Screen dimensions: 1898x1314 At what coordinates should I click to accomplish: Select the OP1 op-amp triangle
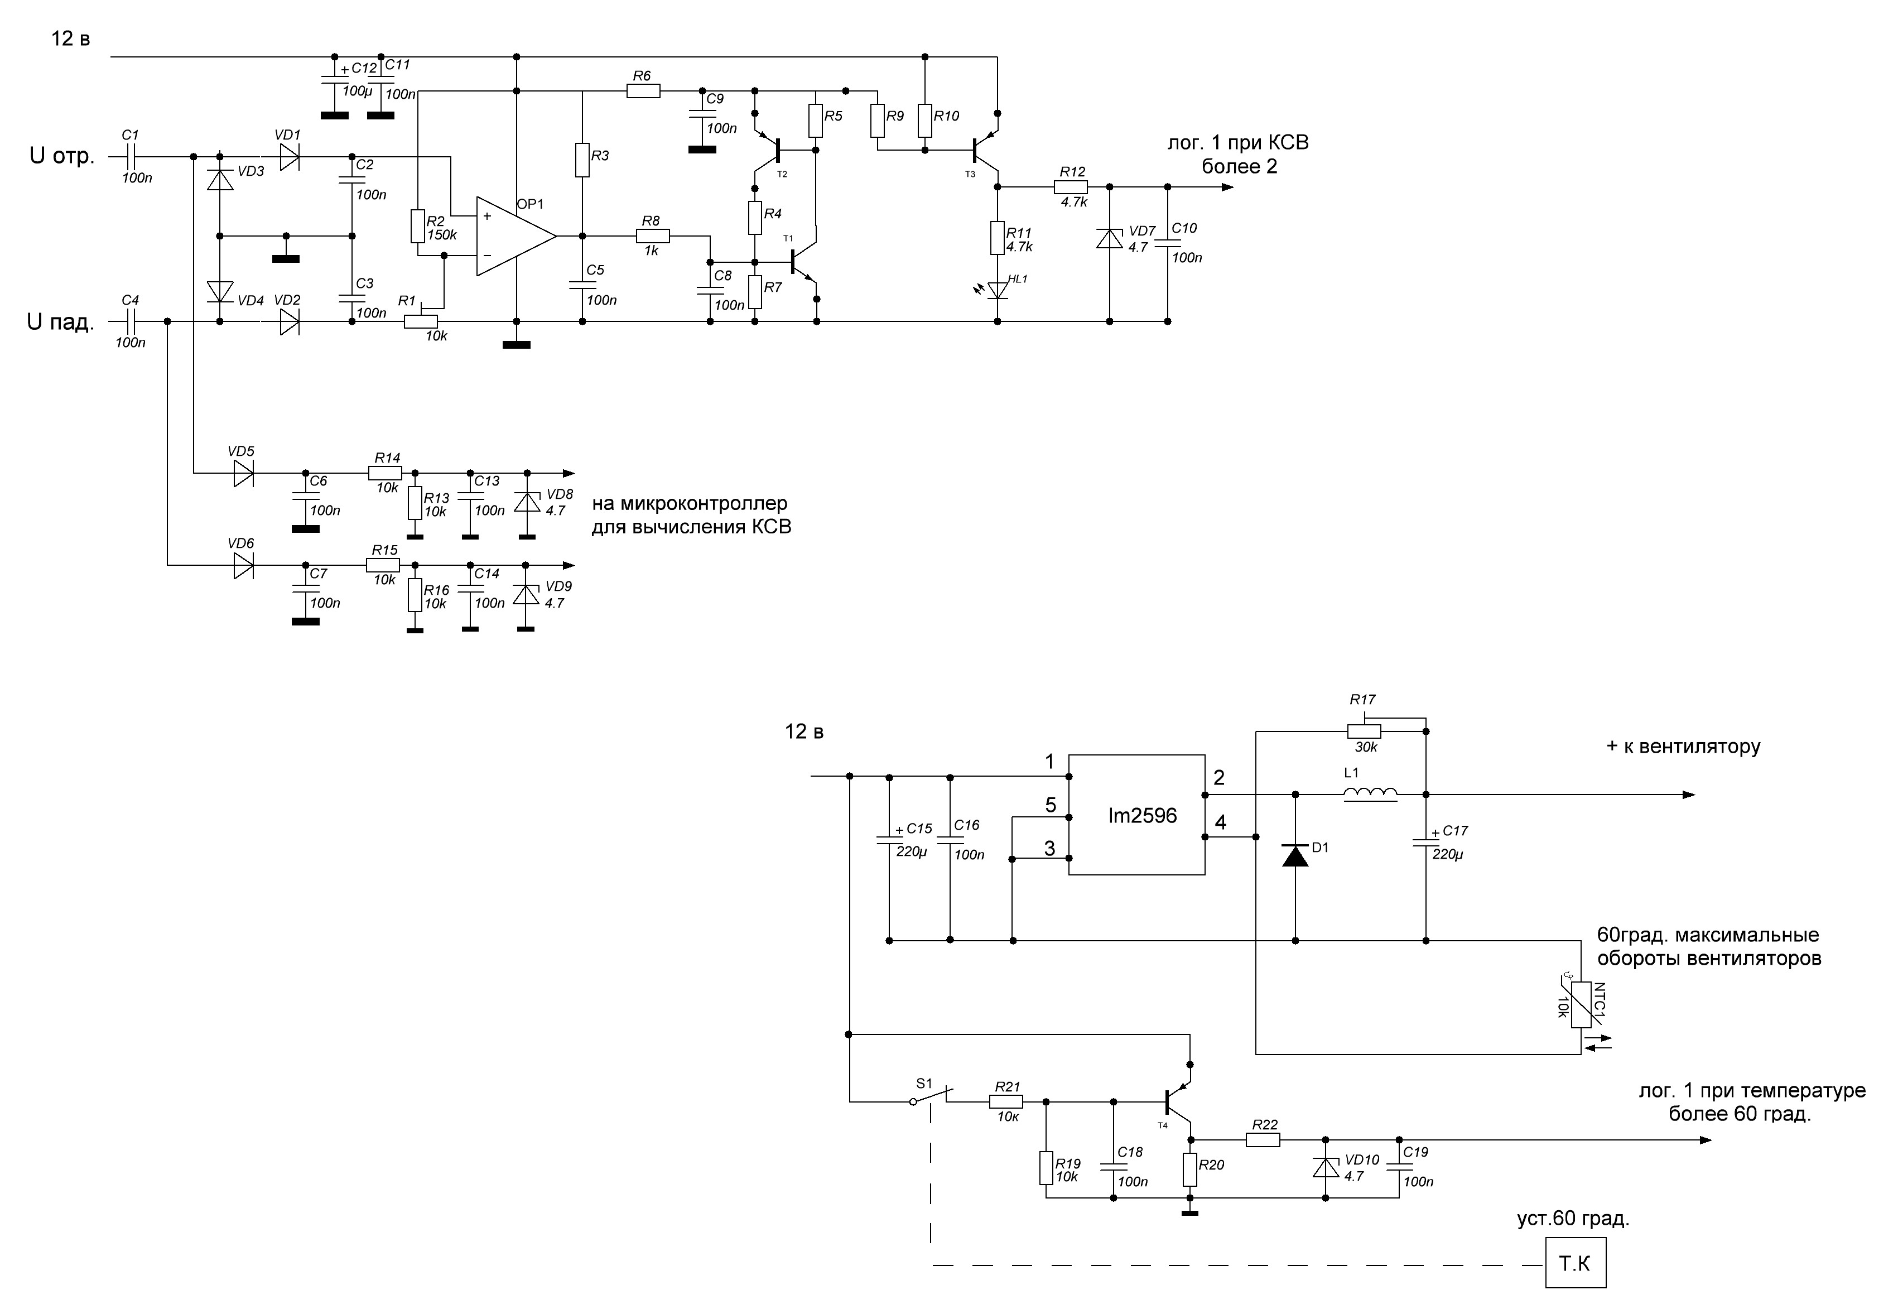516,236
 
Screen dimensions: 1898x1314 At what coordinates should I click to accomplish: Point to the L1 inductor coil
1370,793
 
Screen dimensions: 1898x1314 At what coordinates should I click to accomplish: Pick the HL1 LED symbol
998,290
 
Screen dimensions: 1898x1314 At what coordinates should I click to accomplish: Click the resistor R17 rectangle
1364,730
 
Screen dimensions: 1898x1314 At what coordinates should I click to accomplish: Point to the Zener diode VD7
1110,239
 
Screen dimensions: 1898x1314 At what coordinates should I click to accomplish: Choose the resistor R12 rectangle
1071,187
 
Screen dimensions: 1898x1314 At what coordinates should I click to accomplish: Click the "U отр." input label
62,156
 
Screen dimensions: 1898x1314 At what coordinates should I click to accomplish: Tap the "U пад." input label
61,322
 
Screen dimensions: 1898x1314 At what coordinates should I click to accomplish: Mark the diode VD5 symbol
243,473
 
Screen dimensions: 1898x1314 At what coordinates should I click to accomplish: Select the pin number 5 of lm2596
1050,805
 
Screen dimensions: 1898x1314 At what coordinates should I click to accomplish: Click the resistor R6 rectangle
643,90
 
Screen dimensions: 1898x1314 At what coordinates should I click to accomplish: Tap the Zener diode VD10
1325,1167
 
